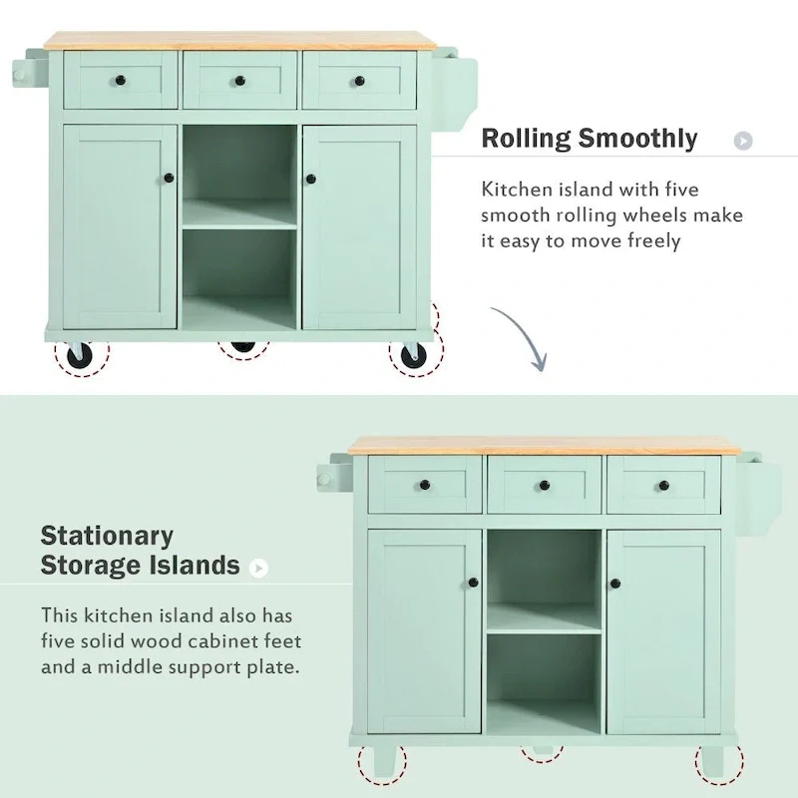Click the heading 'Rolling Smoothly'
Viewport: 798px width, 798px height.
[589, 138]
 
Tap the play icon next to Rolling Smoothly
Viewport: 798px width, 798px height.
[742, 141]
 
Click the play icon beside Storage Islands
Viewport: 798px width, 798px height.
[259, 568]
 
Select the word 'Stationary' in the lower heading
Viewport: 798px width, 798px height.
[107, 536]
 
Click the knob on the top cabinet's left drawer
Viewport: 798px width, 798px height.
[120, 80]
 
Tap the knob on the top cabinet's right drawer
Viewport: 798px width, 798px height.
[359, 80]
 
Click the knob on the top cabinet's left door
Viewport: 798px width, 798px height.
[168, 179]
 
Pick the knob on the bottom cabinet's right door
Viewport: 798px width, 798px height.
[615, 584]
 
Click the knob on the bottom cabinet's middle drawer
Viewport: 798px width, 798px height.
[545, 486]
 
